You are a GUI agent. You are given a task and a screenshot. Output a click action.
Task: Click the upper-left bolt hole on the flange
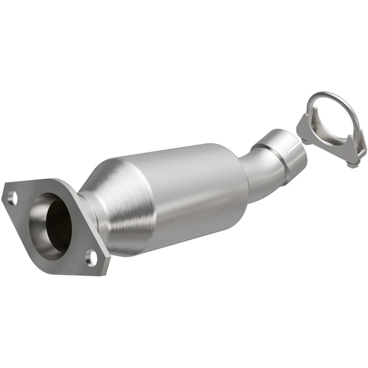pyautogui.click(x=13, y=198)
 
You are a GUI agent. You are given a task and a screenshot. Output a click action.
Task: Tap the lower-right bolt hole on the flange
pyautogui.click(x=92, y=258)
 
